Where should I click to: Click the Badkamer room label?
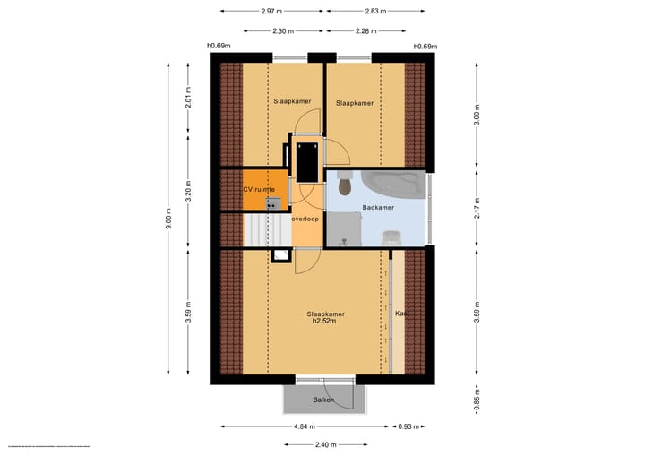tap(378, 208)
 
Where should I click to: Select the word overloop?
tap(305, 218)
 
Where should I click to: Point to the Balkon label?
tap(323, 400)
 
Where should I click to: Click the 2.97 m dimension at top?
tap(273, 12)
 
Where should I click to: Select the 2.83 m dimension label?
tap(376, 12)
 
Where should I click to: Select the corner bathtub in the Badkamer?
tap(392, 185)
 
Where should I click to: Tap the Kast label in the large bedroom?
tap(402, 314)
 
